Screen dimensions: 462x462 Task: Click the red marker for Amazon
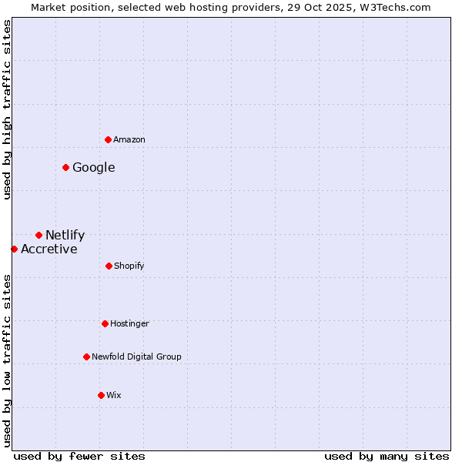108,139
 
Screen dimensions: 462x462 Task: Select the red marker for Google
65,167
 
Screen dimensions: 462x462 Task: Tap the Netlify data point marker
38,235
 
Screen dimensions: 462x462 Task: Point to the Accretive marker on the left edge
14,249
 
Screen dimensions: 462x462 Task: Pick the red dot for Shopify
109,266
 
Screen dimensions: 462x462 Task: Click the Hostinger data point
105,323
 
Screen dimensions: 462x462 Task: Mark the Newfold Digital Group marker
86,357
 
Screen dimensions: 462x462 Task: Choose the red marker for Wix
101,395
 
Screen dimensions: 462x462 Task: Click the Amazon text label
129,139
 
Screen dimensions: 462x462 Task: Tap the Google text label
94,167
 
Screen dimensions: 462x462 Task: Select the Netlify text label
65,235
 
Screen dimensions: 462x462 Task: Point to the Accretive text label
49,249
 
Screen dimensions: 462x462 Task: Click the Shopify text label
129,266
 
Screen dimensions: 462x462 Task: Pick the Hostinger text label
129,323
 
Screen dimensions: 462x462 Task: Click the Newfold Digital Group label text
136,357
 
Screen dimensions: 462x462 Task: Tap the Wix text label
114,395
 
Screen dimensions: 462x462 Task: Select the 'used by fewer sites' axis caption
79,456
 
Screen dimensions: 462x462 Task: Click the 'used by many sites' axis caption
387,456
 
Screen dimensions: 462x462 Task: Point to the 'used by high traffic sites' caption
7,109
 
